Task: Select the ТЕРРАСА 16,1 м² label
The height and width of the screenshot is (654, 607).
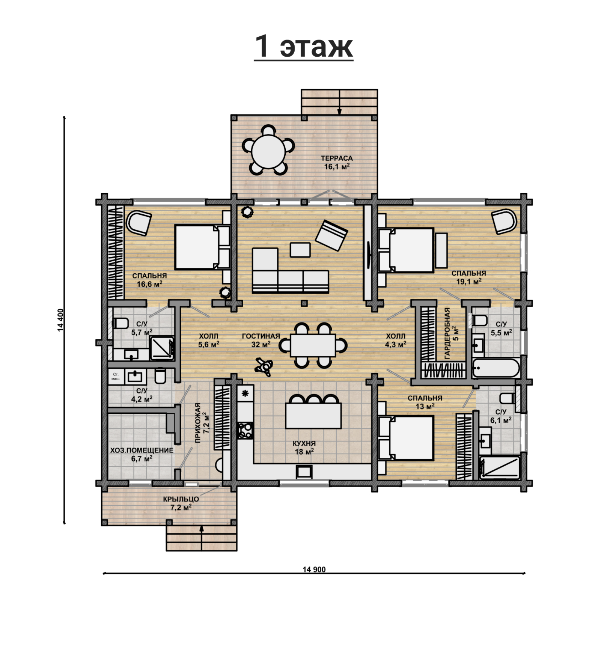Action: pos(337,162)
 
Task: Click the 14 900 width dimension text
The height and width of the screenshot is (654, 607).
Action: pos(314,569)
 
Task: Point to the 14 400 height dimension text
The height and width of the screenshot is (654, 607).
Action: pos(61,320)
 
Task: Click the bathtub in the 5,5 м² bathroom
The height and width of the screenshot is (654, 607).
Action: pos(496,368)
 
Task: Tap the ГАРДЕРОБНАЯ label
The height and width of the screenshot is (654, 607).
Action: pos(447,333)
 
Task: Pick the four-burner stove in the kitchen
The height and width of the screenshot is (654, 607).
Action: pos(245,430)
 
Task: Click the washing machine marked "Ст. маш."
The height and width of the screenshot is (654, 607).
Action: pos(116,376)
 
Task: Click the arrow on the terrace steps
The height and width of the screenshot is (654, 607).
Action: pos(339,102)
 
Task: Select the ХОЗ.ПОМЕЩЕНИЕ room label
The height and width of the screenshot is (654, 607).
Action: pos(142,450)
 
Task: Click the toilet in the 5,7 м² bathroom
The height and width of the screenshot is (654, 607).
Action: pos(120,323)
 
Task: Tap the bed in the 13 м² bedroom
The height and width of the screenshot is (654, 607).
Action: pos(406,438)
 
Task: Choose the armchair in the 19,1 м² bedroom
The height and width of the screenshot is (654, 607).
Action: pos(504,221)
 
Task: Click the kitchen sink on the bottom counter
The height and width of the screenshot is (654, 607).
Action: pos(304,472)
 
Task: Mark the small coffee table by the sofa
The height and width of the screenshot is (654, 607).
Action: pos(300,250)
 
